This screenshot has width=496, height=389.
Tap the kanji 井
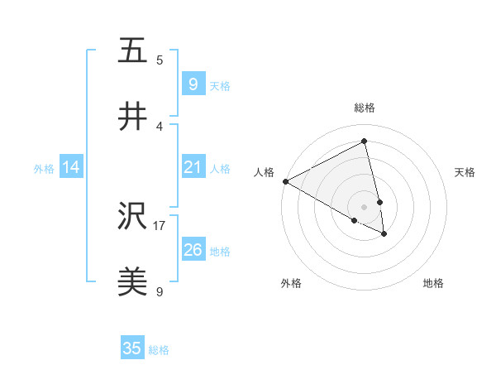tap(132, 117)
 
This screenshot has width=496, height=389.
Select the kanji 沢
tap(132, 217)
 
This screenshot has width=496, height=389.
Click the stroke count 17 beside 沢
tap(160, 225)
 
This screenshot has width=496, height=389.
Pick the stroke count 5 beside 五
tap(160, 60)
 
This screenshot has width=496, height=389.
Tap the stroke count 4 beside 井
tap(160, 126)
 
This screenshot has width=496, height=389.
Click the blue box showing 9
tap(193, 84)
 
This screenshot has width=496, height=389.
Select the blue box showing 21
tap(193, 167)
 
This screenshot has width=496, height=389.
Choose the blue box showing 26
tap(193, 250)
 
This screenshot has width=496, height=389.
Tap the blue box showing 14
tap(71, 167)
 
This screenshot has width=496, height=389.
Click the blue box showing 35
tap(132, 348)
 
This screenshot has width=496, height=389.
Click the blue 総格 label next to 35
tap(159, 350)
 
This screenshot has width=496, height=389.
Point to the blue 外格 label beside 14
tap(44, 169)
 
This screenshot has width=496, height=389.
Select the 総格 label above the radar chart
tap(365, 108)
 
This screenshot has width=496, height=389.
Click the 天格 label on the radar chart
tap(465, 172)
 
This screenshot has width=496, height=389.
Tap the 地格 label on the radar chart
tap(433, 283)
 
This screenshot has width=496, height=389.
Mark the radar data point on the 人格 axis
tap(285, 181)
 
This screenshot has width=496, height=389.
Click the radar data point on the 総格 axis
tap(365, 142)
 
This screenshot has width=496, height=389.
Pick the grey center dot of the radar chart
tap(365, 206)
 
